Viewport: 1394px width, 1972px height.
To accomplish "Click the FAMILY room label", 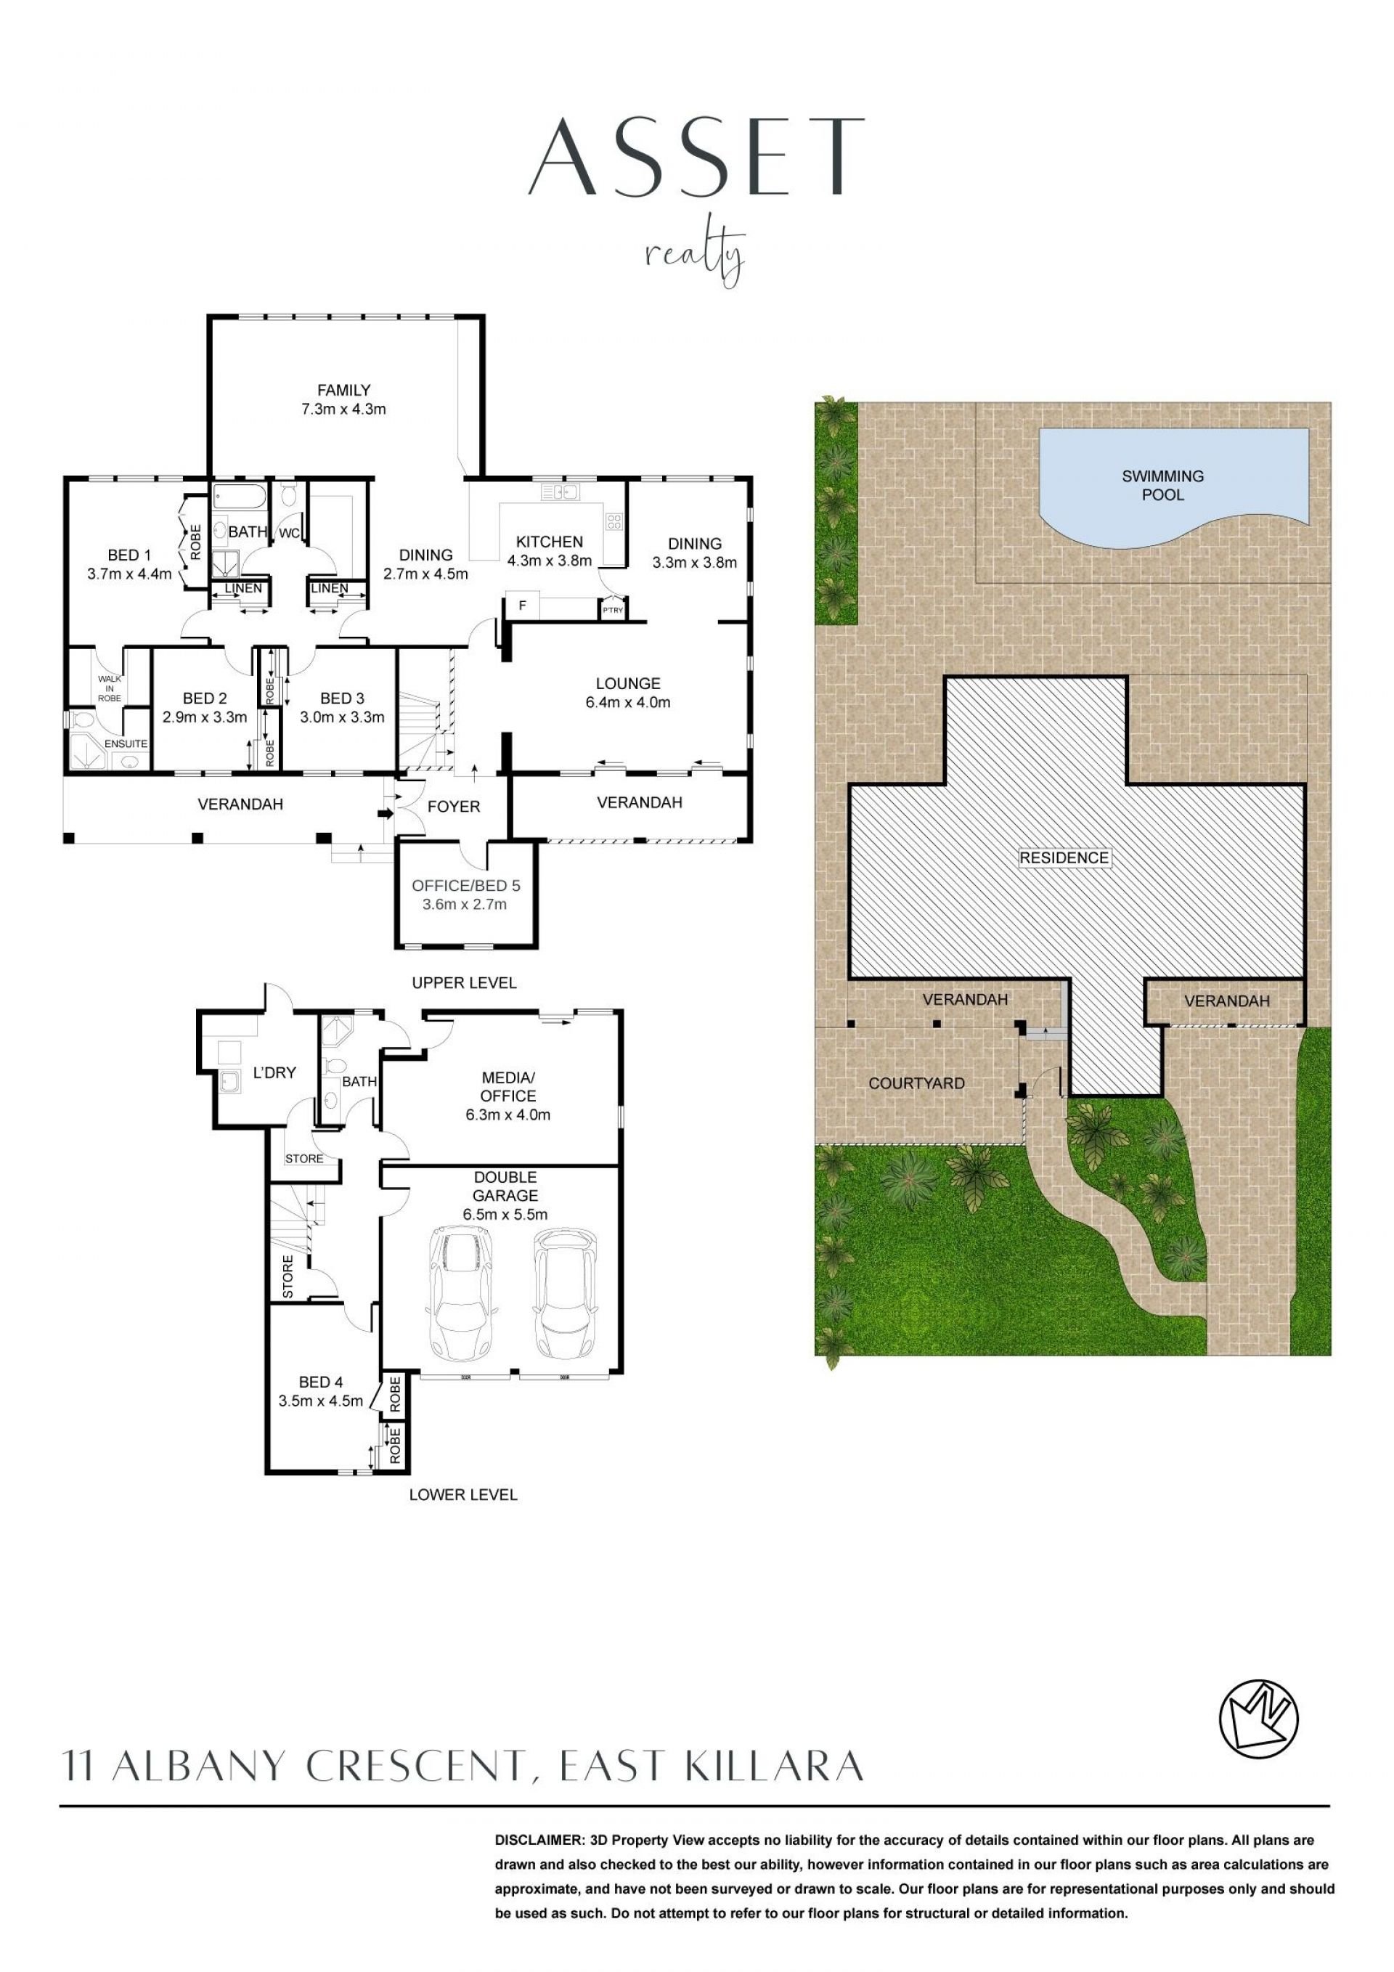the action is tap(343, 390).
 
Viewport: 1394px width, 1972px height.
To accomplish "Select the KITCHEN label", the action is tap(550, 542).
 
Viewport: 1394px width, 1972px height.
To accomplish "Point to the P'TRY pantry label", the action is tap(612, 611).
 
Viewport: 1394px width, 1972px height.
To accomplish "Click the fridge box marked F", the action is tap(522, 606).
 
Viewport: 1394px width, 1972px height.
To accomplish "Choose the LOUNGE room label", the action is tap(628, 684).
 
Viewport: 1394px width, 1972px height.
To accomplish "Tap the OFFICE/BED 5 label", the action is tap(465, 886).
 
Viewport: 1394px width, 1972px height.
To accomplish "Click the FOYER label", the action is tap(454, 807).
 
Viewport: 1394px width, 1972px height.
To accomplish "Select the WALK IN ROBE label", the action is tap(110, 688).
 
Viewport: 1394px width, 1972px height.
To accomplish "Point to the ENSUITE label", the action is tap(126, 743).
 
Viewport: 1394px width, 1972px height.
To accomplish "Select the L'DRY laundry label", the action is tap(275, 1072).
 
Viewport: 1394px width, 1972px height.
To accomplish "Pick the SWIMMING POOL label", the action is tap(1163, 485).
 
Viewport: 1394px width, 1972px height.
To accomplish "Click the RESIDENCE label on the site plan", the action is tap(1064, 857).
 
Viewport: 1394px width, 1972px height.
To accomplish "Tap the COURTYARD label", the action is tap(916, 1083).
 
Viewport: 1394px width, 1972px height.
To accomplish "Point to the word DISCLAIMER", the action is tap(538, 1841).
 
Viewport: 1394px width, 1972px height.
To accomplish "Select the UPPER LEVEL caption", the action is tap(464, 982).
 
